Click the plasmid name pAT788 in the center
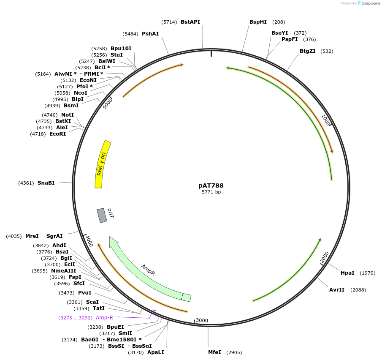click(x=211, y=185)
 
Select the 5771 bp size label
click(x=211, y=192)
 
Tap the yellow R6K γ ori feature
click(x=102, y=165)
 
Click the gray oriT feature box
click(x=102, y=215)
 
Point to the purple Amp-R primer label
click(x=104, y=318)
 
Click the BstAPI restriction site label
click(x=190, y=22)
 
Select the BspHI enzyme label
click(x=258, y=22)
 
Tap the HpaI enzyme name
click(x=347, y=273)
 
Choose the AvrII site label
click(x=337, y=290)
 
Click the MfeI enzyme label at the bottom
click(x=214, y=352)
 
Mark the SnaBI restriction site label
click(x=46, y=183)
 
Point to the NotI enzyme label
click(x=68, y=115)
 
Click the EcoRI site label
click(x=57, y=134)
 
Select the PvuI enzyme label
click(x=84, y=293)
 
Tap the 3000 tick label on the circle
click(x=202, y=320)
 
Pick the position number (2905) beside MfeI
click(x=235, y=352)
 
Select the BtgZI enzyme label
click(x=308, y=51)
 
